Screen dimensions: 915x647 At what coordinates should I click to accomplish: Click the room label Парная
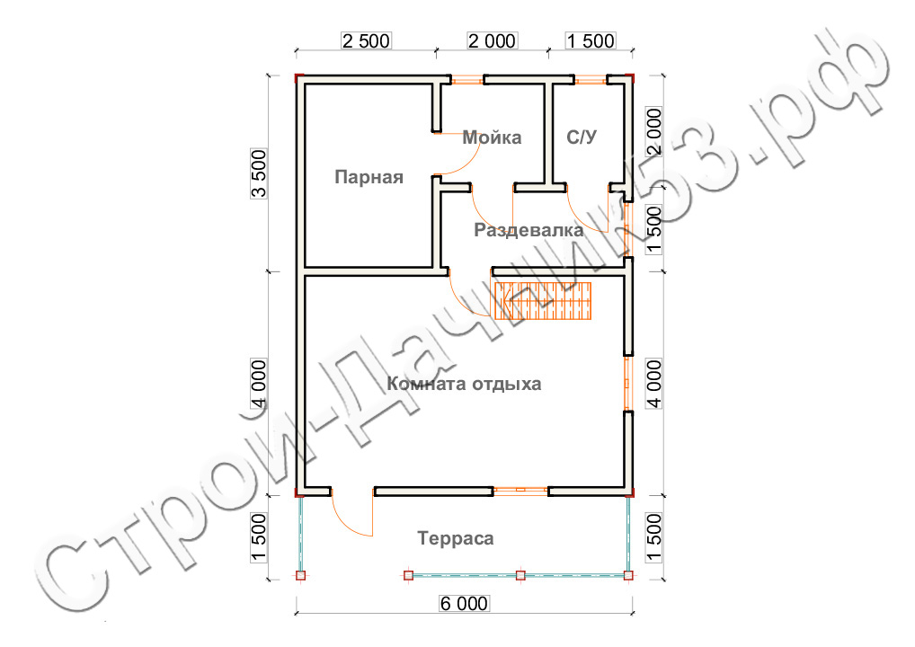click(x=369, y=177)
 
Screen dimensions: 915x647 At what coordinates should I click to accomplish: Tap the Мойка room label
click(x=492, y=137)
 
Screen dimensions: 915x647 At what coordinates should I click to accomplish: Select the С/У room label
click(x=582, y=137)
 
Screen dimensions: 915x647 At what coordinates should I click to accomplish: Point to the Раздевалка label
click(x=529, y=230)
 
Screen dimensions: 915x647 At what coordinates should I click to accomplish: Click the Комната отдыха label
click(x=464, y=384)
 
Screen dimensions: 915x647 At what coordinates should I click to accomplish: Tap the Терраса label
click(x=455, y=538)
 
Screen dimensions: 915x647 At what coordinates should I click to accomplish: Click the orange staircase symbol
click(x=543, y=301)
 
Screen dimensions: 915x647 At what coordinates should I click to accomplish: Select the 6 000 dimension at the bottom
click(x=464, y=603)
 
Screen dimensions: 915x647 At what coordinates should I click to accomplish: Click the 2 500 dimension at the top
click(x=366, y=40)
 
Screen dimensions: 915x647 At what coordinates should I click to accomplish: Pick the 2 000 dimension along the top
click(x=492, y=40)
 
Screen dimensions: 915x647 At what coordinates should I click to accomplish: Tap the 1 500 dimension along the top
click(x=591, y=40)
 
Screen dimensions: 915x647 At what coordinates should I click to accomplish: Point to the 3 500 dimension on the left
click(x=259, y=173)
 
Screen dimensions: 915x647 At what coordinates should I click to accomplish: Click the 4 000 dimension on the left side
click(x=259, y=384)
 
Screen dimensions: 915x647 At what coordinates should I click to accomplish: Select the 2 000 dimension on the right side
click(x=654, y=131)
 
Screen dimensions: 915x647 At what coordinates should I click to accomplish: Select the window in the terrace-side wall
click(x=520, y=492)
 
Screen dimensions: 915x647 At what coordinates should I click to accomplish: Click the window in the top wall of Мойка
click(x=467, y=79)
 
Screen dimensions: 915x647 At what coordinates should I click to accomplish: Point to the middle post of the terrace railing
click(x=520, y=575)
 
